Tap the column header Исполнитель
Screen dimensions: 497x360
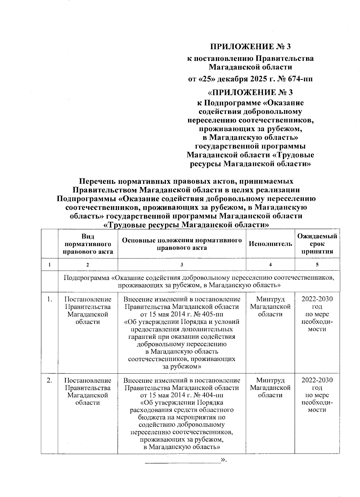(x=270, y=244)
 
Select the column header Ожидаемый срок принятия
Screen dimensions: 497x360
(x=317, y=244)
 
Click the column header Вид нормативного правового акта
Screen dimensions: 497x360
(x=88, y=244)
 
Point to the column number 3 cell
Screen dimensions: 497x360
(x=182, y=264)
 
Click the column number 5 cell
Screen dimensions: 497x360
(x=317, y=264)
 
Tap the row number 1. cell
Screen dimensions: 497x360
(x=50, y=299)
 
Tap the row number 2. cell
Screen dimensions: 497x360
(x=50, y=380)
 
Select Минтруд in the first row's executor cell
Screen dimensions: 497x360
(x=270, y=299)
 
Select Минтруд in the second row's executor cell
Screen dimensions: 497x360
(x=270, y=380)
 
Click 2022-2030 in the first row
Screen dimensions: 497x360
(x=317, y=299)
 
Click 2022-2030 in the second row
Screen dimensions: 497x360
(x=317, y=380)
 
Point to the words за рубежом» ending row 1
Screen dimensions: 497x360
(x=182, y=366)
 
